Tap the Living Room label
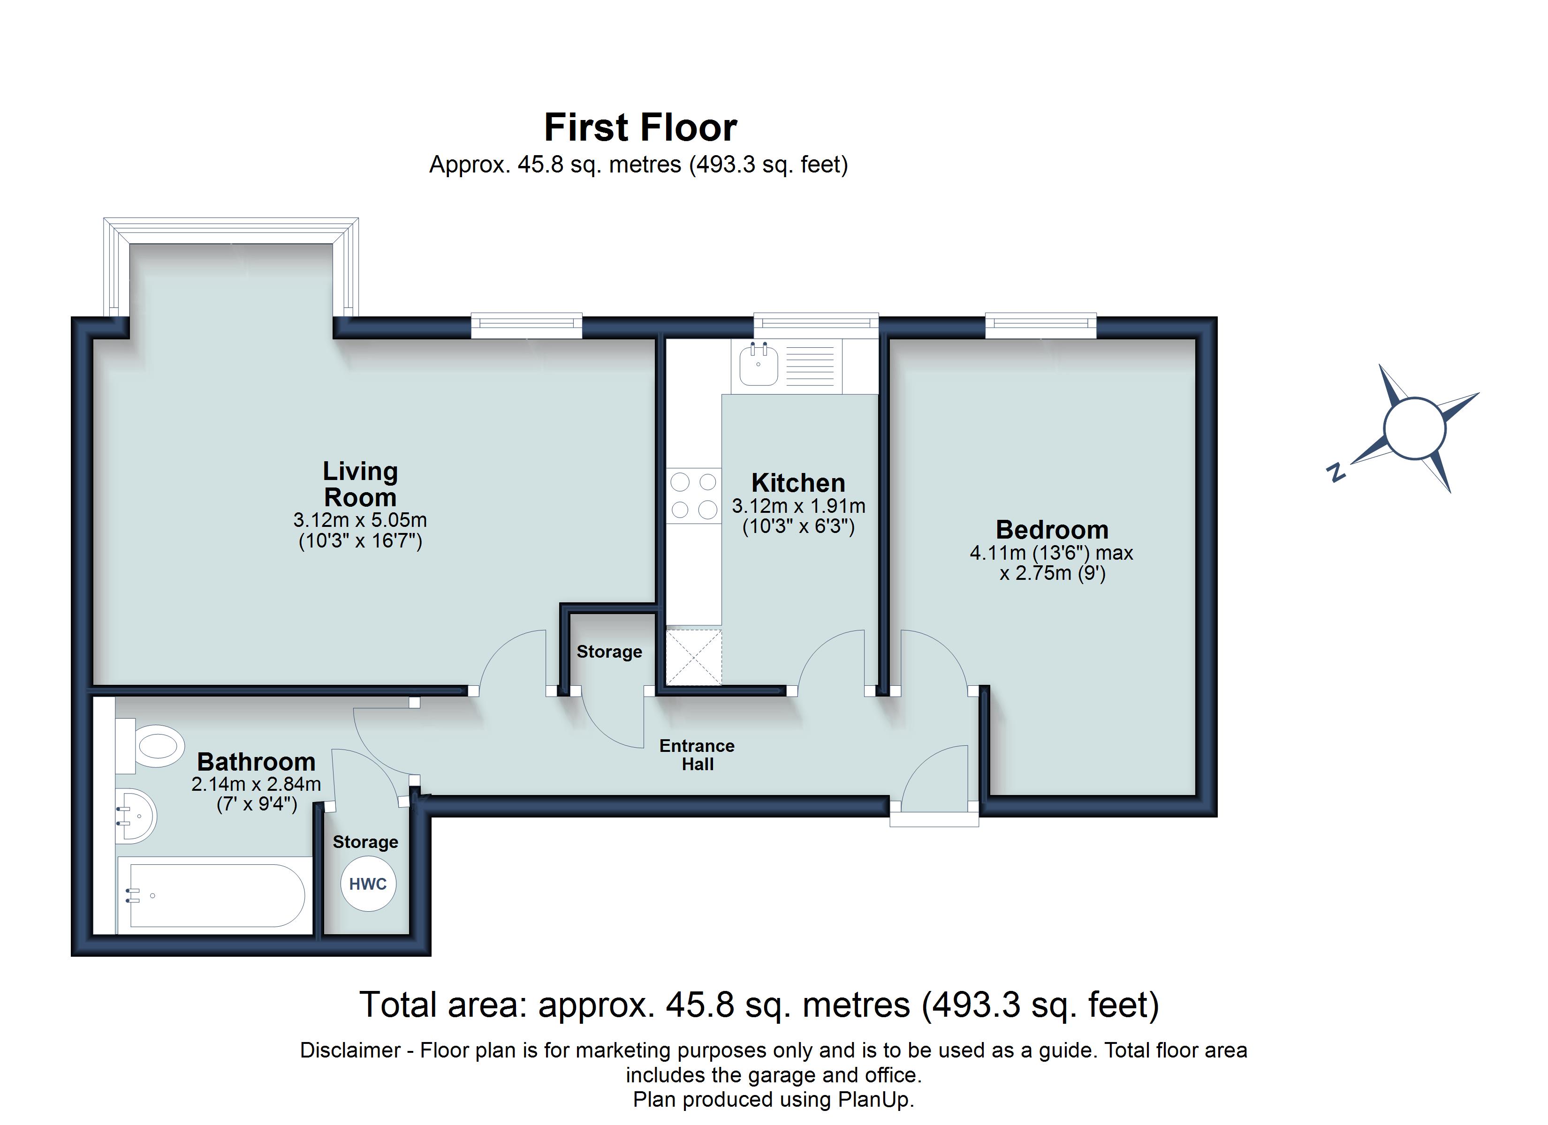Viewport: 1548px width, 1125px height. [x=360, y=484]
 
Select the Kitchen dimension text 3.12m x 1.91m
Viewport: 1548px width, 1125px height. [x=798, y=506]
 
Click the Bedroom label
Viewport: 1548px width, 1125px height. [x=1051, y=529]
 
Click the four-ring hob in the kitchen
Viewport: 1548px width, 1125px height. [x=693, y=496]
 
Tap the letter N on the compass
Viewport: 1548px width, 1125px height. [x=1336, y=472]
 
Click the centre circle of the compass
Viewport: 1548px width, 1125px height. [x=1414, y=428]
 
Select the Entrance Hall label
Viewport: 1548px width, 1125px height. [x=697, y=755]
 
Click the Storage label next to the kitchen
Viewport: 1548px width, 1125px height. [x=609, y=652]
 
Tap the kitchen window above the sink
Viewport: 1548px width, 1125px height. [x=816, y=325]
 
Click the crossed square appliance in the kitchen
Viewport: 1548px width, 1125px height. [x=693, y=657]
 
